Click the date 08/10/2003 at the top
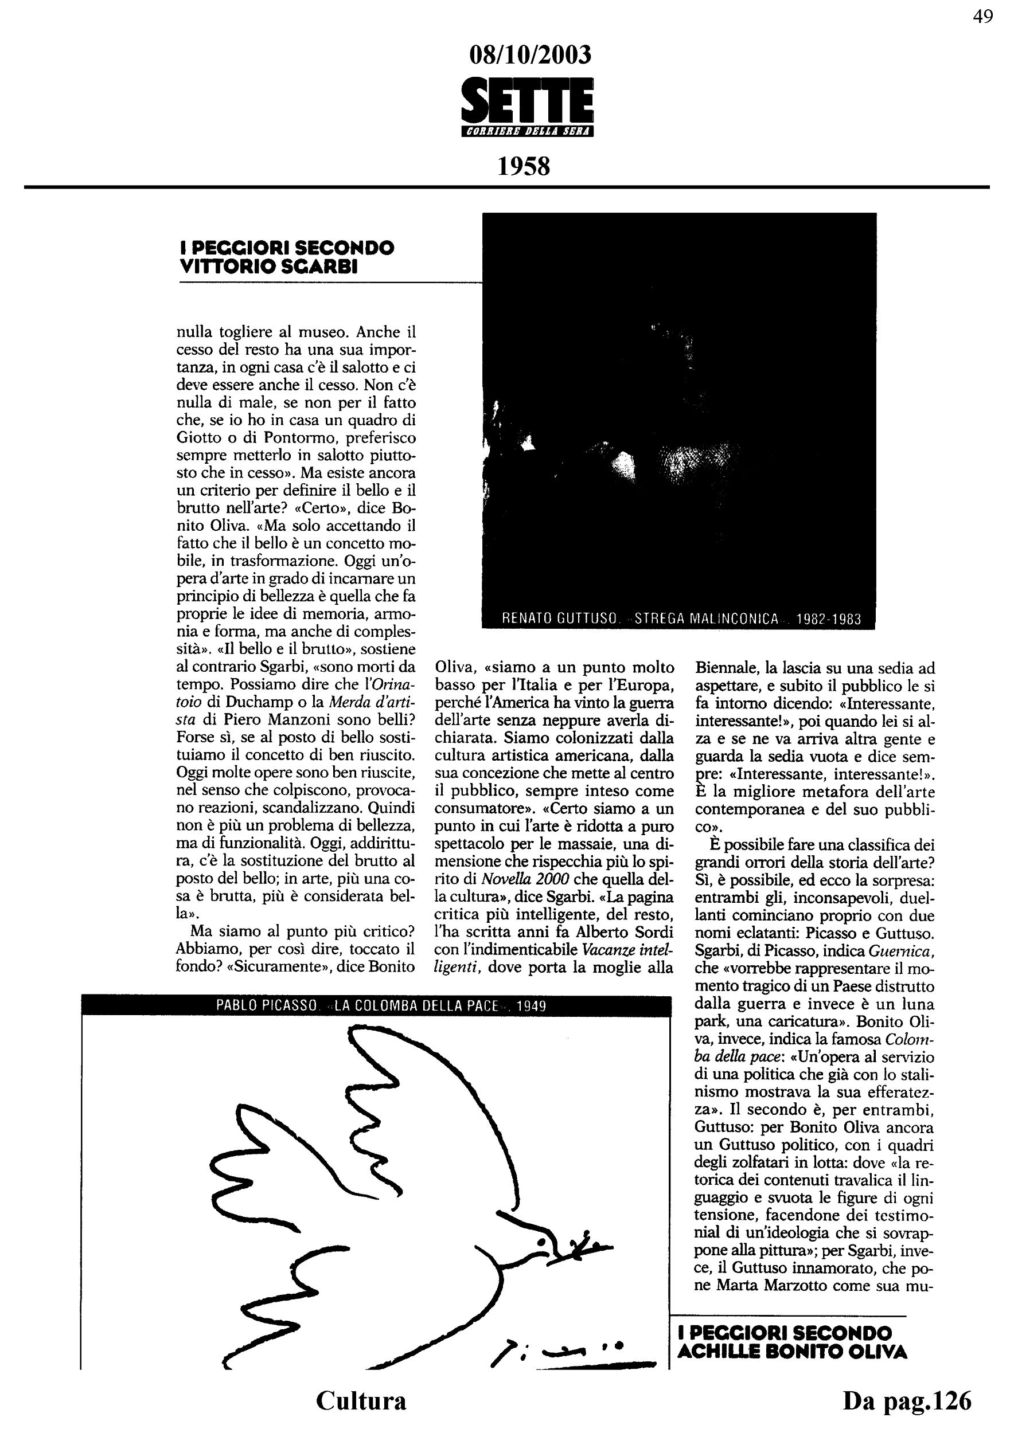(529, 56)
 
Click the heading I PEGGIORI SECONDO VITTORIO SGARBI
(287, 257)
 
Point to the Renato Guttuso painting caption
(681, 619)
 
